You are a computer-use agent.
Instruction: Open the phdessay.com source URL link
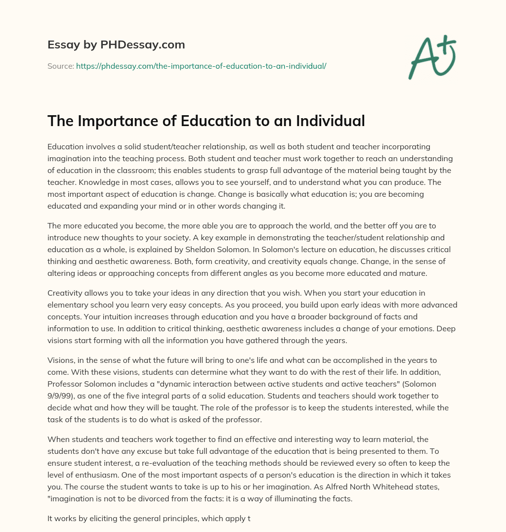pyautogui.click(x=201, y=65)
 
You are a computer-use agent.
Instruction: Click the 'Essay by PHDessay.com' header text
pyautogui.click(x=116, y=45)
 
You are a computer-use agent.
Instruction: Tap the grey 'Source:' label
pyautogui.click(x=60, y=65)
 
